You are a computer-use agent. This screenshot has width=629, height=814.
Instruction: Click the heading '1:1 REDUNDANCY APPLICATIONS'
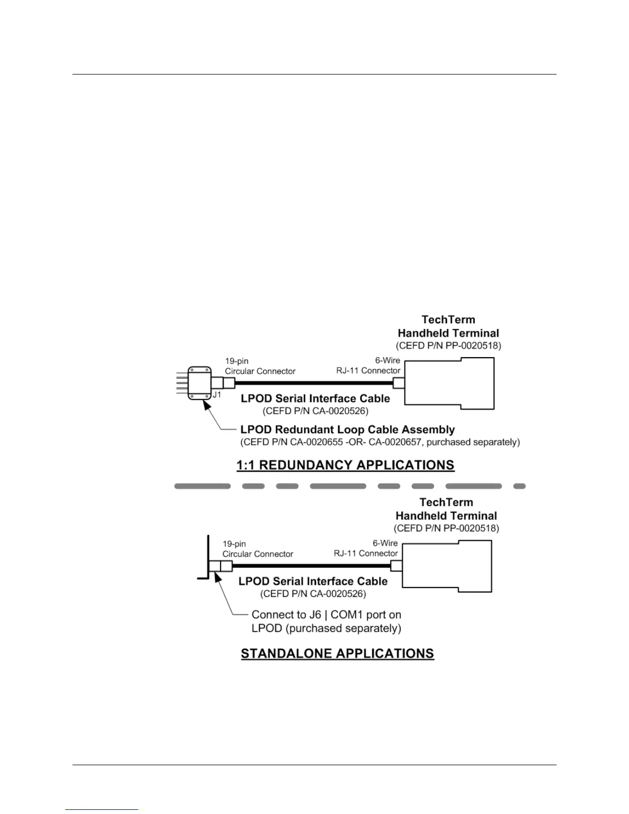coord(345,465)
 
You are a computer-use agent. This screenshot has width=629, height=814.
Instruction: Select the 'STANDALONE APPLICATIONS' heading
coord(338,654)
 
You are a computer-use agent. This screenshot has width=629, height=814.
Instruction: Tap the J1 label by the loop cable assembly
coord(217,395)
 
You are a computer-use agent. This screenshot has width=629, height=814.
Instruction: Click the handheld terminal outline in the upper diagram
coord(449,383)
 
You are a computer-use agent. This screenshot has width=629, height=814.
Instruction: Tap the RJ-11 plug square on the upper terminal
coord(399,383)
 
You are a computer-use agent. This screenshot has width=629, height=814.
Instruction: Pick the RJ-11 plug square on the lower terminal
coord(396,566)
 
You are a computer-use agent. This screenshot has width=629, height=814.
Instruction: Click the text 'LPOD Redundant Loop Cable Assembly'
coord(347,430)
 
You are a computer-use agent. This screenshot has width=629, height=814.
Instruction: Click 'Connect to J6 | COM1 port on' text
coord(326,615)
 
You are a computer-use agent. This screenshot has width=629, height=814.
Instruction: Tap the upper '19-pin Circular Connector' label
coord(260,366)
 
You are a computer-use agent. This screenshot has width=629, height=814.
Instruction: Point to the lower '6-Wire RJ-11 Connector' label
coord(366,548)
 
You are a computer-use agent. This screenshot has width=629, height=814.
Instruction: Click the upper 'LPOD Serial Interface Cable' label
coord(315,398)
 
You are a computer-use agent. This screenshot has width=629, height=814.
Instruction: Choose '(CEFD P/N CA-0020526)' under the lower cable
coord(313,594)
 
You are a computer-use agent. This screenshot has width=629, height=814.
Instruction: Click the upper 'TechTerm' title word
coord(448,320)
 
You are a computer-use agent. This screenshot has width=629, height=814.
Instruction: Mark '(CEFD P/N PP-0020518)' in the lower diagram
coord(446,528)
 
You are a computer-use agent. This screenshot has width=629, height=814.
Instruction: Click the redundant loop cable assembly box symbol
coord(199,383)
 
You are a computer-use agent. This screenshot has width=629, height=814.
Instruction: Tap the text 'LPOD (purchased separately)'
coord(326,628)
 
